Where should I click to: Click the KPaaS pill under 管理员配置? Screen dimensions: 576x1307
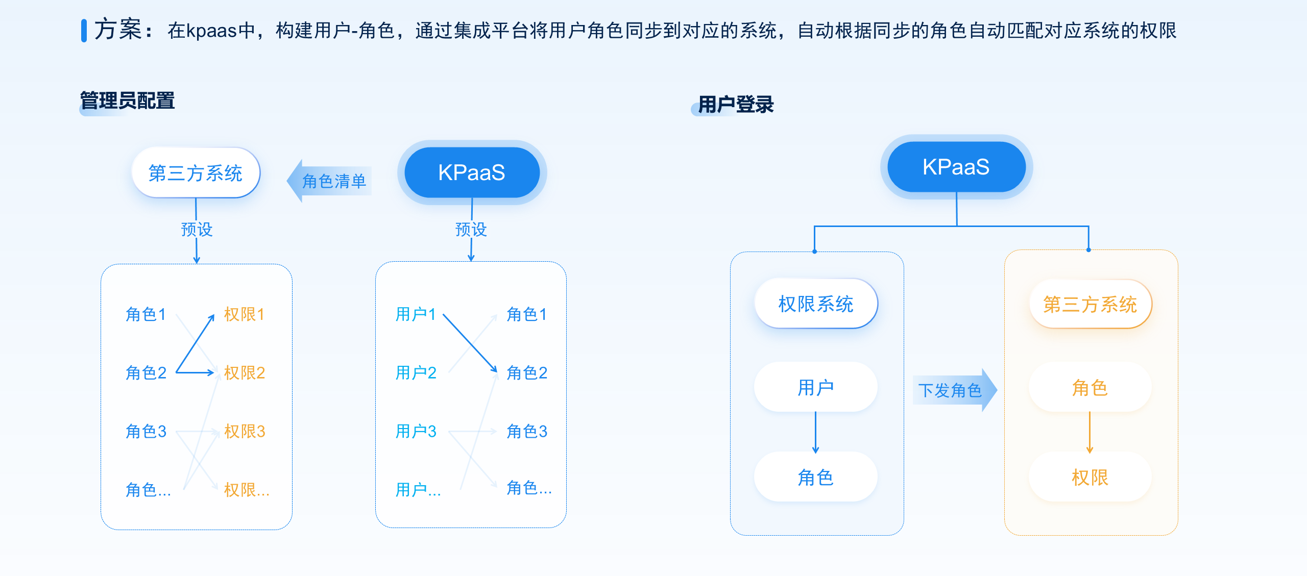[471, 172]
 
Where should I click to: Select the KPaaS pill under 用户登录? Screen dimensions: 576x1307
[956, 167]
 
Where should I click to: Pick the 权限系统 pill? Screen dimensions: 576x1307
[816, 304]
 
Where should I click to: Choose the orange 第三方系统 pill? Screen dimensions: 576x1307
[1090, 305]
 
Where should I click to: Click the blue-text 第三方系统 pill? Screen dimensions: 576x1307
[196, 173]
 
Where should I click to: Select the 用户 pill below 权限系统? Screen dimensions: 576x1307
[816, 388]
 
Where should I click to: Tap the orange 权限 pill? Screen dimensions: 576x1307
[1090, 478]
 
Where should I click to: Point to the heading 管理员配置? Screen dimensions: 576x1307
[128, 101]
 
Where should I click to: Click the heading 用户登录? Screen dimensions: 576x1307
[735, 105]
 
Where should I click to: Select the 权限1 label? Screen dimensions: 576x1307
[245, 314]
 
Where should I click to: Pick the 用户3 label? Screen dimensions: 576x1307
[416, 432]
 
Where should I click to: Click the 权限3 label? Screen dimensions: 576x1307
[245, 432]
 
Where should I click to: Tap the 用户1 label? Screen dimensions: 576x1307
[416, 314]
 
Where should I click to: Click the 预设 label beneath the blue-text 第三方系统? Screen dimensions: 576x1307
[197, 230]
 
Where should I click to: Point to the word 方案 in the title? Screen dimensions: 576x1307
[118, 30]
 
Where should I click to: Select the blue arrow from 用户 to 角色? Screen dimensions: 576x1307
[816, 432]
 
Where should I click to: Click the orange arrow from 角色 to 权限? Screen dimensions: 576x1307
[1090, 432]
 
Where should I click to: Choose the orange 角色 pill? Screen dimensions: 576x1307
[1090, 388]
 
